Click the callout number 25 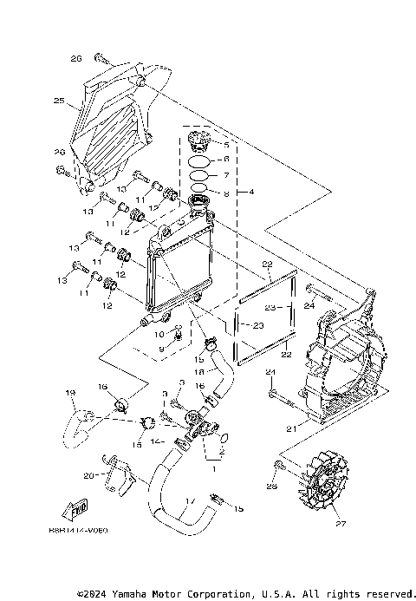coord(59,101)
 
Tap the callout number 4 coord(251,191)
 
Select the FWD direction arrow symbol coord(75,508)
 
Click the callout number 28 coord(272,487)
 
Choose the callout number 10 coord(159,333)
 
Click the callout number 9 coord(159,349)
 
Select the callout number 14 coord(156,441)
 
